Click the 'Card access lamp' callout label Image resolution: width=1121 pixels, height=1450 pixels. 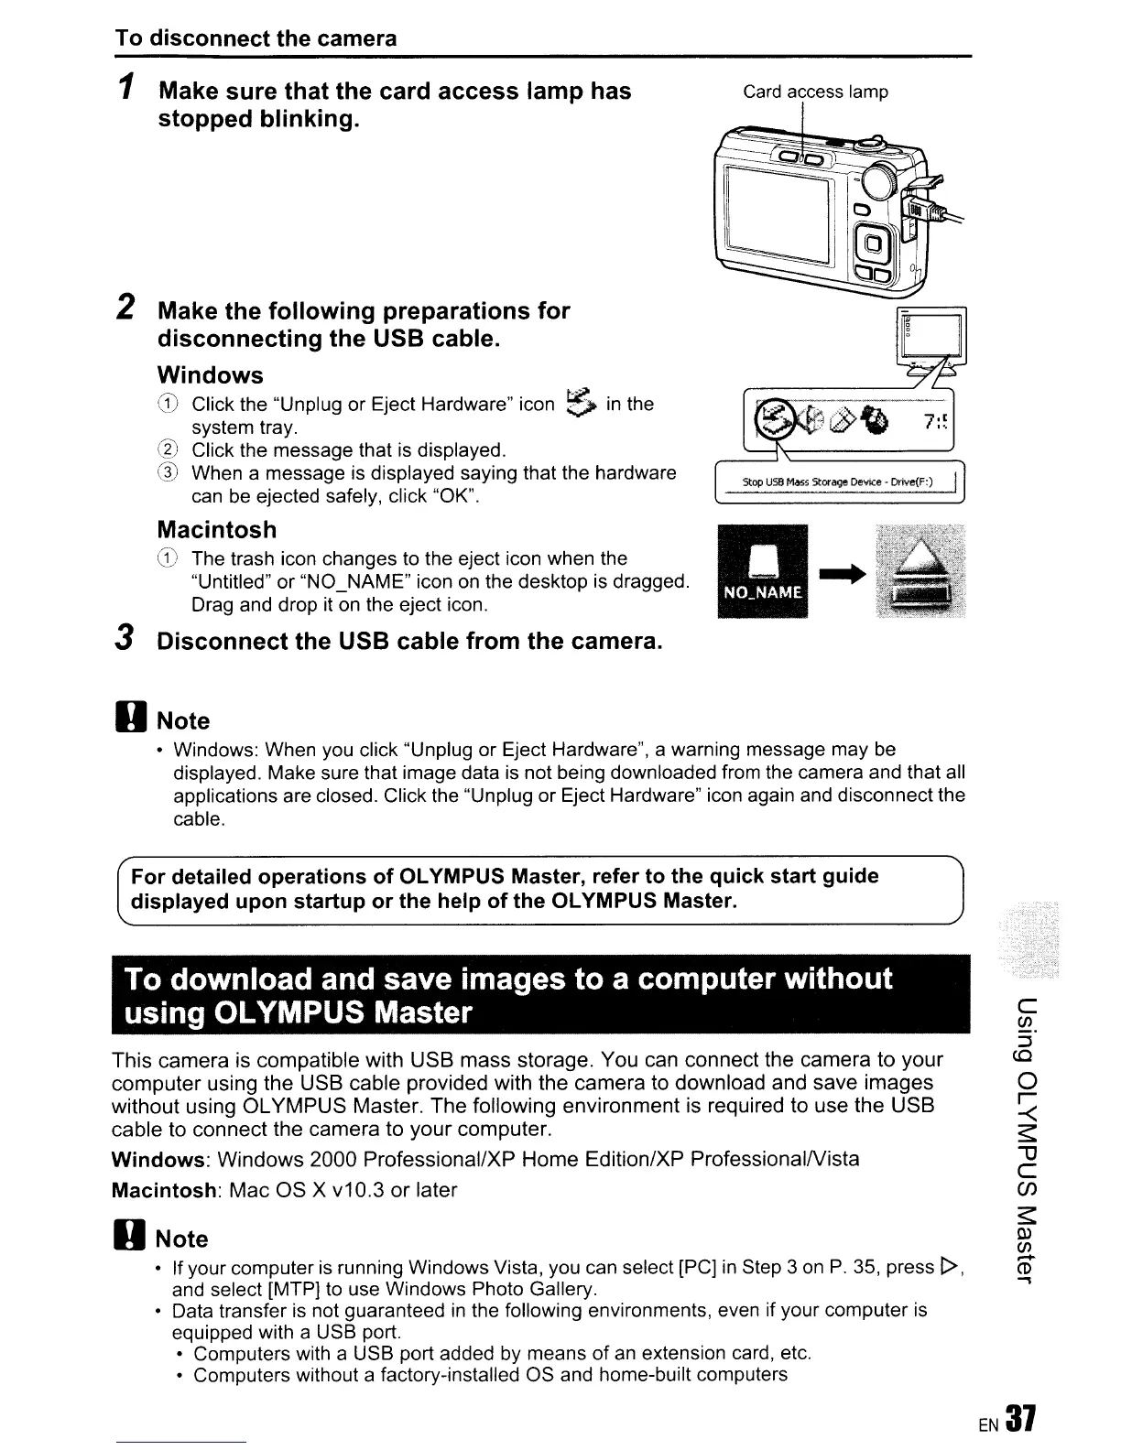815,92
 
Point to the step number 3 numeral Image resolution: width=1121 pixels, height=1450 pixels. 126,640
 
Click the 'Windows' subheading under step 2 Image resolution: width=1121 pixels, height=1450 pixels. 210,375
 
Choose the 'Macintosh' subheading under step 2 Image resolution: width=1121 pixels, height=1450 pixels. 216,530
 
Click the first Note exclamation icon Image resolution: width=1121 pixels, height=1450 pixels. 126,720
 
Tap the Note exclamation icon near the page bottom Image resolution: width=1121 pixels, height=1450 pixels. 126,1239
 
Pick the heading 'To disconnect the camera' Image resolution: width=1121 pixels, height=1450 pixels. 256,38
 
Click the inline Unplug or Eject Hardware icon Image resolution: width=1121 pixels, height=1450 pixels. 581,403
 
